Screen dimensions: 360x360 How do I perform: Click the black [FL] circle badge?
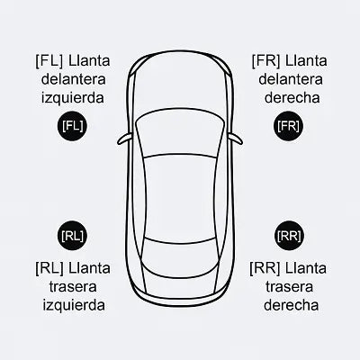(x=72, y=126)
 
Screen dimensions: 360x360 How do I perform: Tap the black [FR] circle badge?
(x=288, y=126)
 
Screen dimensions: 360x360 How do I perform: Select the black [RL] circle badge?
(x=72, y=236)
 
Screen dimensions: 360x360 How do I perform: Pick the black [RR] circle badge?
(x=289, y=236)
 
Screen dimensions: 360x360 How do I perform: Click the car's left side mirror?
(x=124, y=139)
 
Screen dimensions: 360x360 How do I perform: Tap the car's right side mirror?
(x=236, y=139)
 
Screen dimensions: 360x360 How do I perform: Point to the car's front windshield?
(x=180, y=133)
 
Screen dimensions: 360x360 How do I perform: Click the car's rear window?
(x=180, y=257)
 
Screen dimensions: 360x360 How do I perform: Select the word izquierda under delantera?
(x=73, y=98)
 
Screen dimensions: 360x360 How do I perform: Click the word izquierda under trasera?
(x=74, y=305)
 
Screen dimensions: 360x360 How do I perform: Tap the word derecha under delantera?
(x=292, y=97)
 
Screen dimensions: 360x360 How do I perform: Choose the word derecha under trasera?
(x=291, y=305)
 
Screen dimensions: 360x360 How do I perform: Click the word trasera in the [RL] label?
(x=73, y=287)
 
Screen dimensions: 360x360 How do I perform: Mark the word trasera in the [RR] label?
(x=289, y=287)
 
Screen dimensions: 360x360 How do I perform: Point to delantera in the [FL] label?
(x=74, y=79)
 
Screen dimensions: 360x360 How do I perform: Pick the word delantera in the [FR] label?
(x=291, y=79)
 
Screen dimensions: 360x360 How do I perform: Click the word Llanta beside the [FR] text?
(x=306, y=61)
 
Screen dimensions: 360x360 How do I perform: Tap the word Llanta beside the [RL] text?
(x=89, y=268)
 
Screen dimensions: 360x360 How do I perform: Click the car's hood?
(x=180, y=84)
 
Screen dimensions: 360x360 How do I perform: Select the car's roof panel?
(x=180, y=196)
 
